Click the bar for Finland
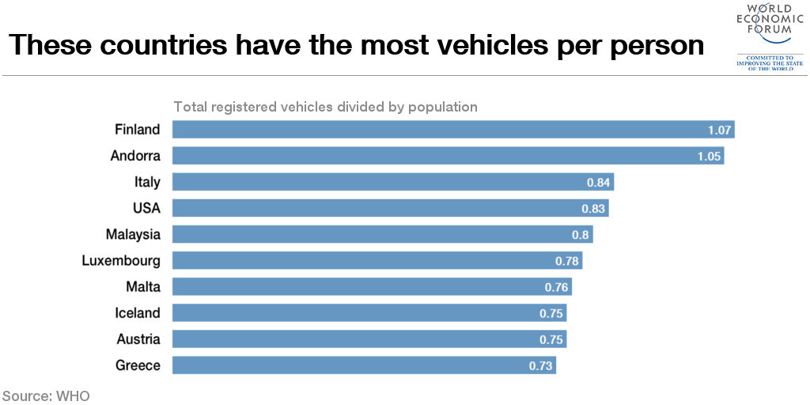pyautogui.click(x=453, y=130)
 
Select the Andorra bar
pyautogui.click(x=449, y=156)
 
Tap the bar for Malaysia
pyautogui.click(x=382, y=234)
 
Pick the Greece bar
pyautogui.click(x=364, y=365)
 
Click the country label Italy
pyautogui.click(x=147, y=182)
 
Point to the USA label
pyautogui.click(x=146, y=208)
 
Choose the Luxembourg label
pyautogui.click(x=121, y=260)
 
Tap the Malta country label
pyautogui.click(x=142, y=286)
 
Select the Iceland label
pyautogui.click(x=138, y=313)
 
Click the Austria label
pyautogui.click(x=138, y=339)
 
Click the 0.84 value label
pyautogui.click(x=599, y=183)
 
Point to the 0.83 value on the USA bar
pyautogui.click(x=593, y=209)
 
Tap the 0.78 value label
pyautogui.click(x=567, y=261)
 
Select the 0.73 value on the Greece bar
pyautogui.click(x=541, y=365)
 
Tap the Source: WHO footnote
pyautogui.click(x=45, y=395)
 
